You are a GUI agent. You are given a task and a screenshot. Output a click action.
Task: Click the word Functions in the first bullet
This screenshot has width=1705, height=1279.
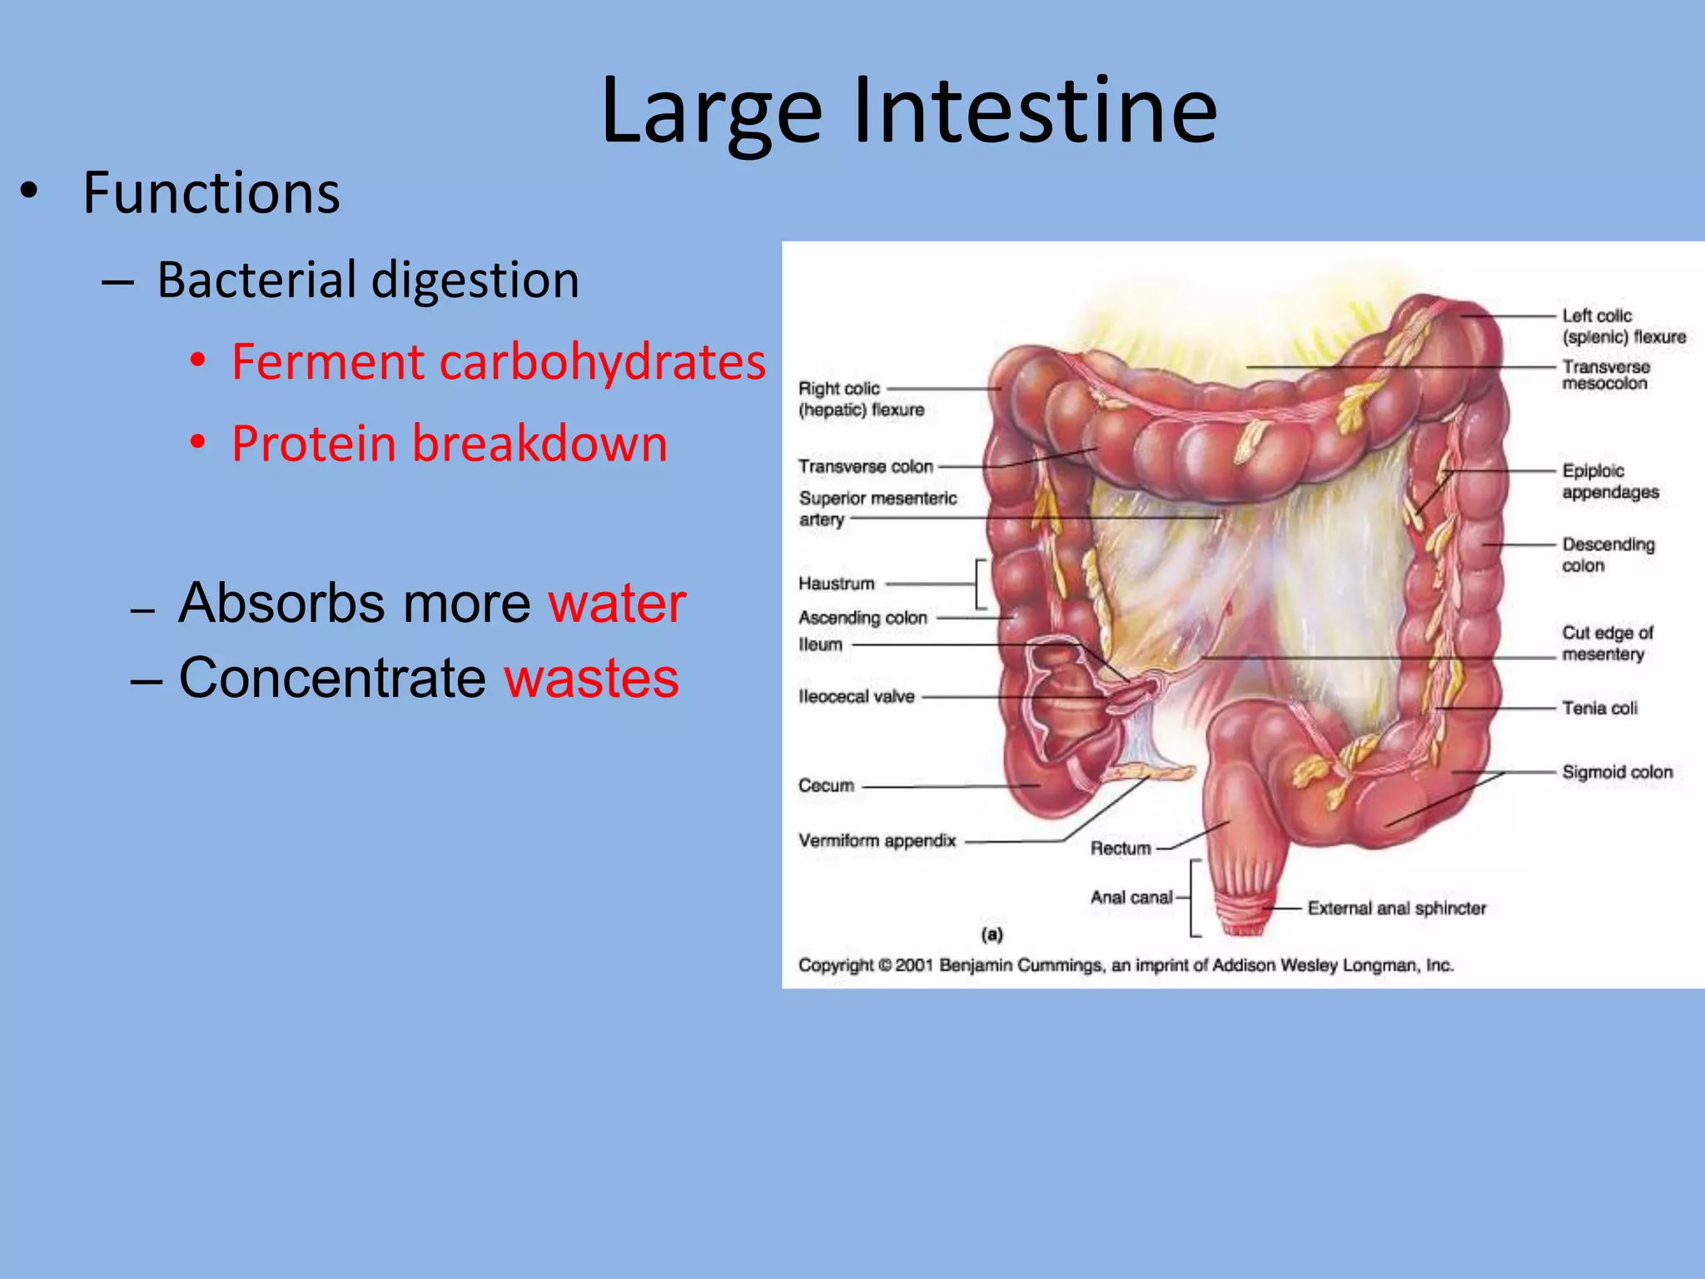tap(211, 193)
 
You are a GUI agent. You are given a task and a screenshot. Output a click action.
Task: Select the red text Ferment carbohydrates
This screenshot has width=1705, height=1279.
tap(498, 362)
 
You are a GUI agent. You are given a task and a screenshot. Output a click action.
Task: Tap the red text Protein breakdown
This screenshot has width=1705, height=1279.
tap(450, 443)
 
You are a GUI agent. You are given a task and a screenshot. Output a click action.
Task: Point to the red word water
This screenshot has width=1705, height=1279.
tap(617, 603)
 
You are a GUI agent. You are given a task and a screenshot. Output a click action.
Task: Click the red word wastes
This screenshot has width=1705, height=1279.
tap(592, 678)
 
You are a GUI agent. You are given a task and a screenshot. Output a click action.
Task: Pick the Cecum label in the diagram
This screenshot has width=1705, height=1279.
tap(826, 785)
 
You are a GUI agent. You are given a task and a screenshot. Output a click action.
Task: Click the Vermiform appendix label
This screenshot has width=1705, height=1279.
tap(877, 840)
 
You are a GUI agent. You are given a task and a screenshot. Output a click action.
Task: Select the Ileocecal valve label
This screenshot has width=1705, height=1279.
tap(856, 696)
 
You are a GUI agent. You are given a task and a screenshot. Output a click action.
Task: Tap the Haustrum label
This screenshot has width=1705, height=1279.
tap(836, 584)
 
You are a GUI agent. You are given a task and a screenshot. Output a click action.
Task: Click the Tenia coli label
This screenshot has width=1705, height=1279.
tap(1599, 708)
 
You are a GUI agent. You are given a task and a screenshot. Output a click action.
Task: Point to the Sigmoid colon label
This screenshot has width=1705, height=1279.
tap(1617, 772)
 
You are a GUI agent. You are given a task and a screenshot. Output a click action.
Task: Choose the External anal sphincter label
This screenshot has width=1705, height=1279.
tap(1396, 908)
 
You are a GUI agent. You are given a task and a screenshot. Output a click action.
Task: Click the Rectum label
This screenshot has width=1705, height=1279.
tap(1121, 849)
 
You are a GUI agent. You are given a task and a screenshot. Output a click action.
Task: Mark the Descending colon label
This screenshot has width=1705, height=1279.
tap(1608, 555)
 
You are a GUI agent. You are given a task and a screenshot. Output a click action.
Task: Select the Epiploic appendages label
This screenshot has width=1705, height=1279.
tap(1609, 481)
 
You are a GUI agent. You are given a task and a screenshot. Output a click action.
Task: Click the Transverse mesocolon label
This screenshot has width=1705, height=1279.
tap(1605, 375)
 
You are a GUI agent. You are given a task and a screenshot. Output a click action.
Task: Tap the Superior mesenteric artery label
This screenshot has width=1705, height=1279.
tap(877, 508)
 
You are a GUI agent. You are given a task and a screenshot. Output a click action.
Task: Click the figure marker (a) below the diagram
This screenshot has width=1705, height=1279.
tap(992, 934)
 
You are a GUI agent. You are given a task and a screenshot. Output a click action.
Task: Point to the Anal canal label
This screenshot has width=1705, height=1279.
tap(1131, 897)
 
